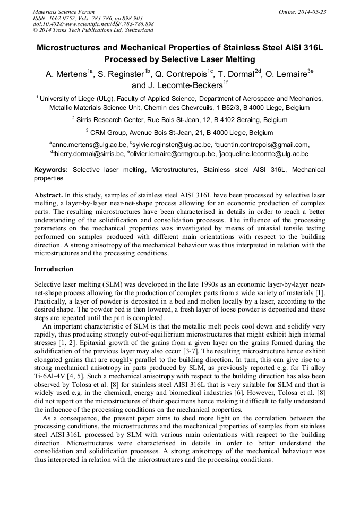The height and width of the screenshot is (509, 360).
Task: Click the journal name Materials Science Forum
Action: pos(64,11)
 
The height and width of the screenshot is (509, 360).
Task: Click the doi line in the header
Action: pos(93,24)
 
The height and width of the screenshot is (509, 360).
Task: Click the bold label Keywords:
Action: pos(51,170)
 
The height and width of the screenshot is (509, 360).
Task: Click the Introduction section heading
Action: pos(54,269)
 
